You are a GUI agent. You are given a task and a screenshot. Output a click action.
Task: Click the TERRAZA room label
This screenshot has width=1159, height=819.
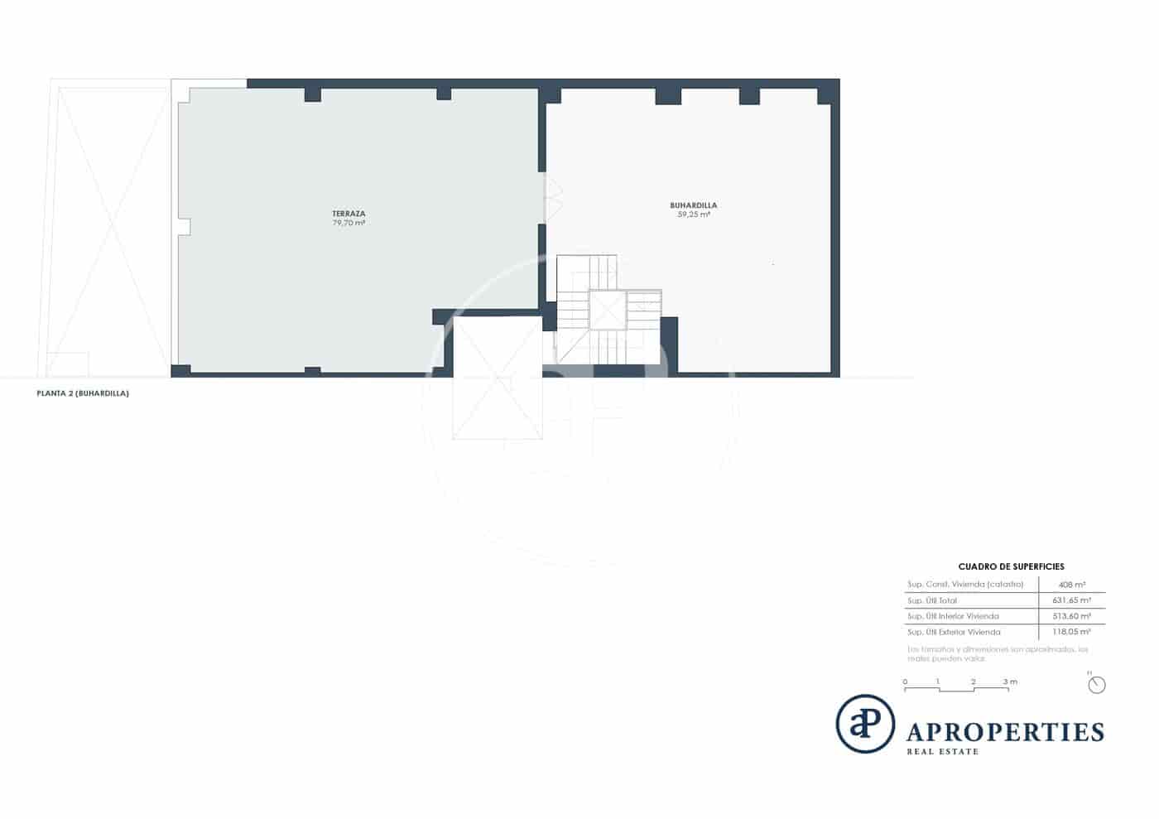tap(349, 214)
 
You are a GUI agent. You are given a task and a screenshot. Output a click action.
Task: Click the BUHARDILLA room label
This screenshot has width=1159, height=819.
tap(694, 205)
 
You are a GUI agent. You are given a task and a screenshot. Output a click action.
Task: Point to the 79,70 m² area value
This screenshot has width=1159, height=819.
tap(349, 223)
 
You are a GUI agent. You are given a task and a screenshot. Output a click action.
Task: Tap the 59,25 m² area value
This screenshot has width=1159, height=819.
tap(694, 214)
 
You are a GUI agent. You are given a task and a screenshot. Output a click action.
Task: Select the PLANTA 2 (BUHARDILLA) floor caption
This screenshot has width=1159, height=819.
tap(83, 394)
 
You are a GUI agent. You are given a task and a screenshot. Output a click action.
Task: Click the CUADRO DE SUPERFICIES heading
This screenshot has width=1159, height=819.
tap(1011, 567)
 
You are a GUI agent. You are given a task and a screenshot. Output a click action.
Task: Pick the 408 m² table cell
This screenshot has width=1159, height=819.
tap(1072, 585)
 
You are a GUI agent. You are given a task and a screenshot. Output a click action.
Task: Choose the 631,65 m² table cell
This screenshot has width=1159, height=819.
tap(1071, 600)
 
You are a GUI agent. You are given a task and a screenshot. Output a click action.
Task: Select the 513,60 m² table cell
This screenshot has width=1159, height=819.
tap(1071, 616)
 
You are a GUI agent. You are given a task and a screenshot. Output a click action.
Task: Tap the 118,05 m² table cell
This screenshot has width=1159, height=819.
tap(1071, 632)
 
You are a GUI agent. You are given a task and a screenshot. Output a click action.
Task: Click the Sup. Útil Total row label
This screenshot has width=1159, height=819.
tap(932, 600)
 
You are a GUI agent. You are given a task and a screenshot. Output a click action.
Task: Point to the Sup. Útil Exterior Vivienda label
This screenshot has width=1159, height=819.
tap(954, 632)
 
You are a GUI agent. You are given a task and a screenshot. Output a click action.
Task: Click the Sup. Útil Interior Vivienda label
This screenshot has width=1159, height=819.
tap(953, 616)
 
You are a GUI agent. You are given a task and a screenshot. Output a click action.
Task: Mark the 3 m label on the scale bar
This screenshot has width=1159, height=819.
tap(1010, 682)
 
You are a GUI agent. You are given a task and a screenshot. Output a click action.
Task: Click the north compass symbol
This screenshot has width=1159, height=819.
tap(1097, 685)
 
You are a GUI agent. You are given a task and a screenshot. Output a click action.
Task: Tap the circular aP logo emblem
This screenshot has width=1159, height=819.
tap(865, 724)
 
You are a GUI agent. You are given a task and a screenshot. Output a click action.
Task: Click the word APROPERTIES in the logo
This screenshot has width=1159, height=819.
tap(1006, 732)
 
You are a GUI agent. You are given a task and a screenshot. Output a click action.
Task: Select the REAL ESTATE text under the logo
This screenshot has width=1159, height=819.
tap(943, 752)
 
